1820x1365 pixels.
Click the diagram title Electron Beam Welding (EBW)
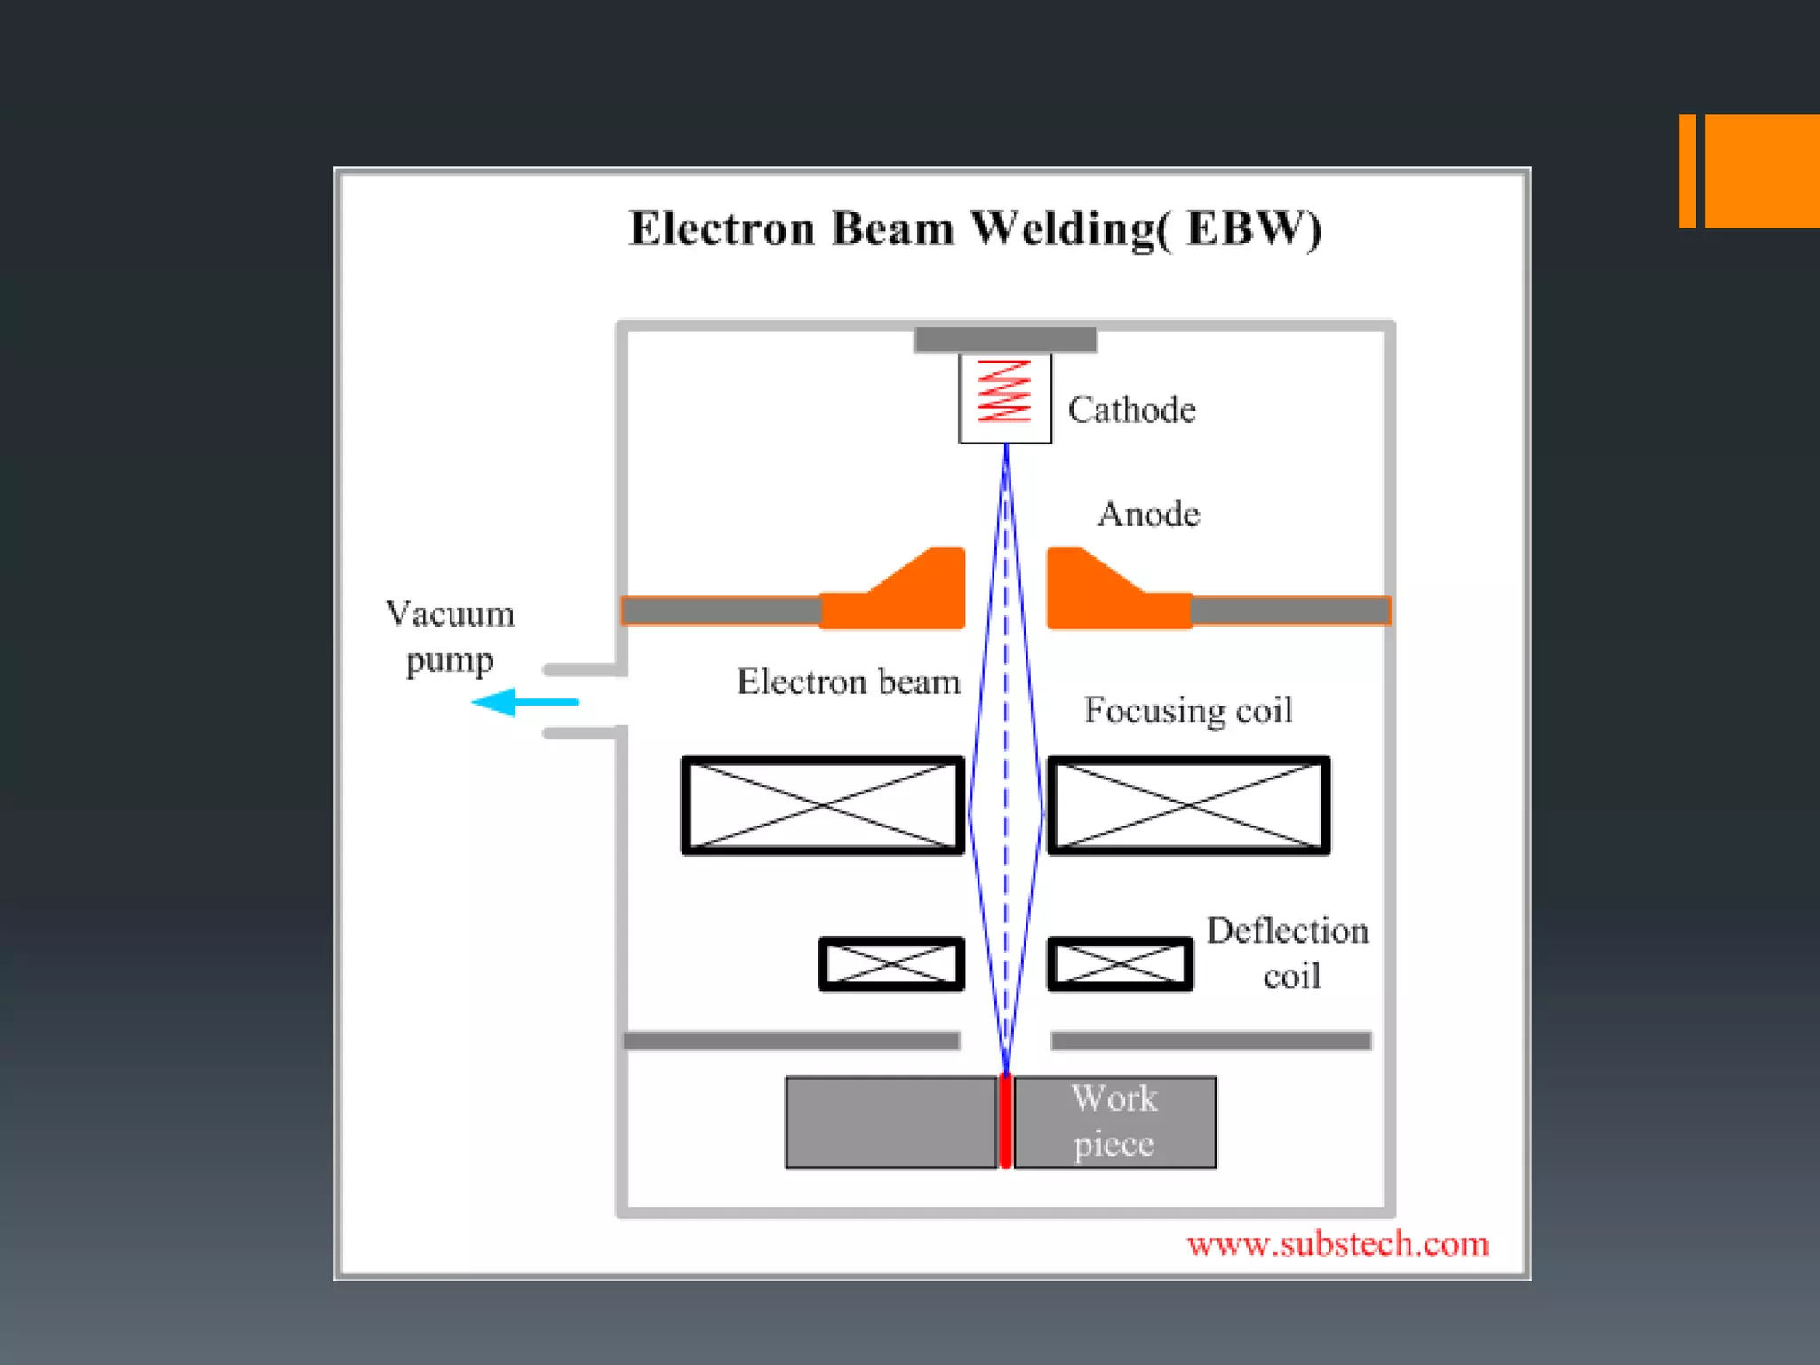point(975,228)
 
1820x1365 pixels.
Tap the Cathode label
point(1131,410)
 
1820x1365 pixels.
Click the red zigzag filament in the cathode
point(1004,391)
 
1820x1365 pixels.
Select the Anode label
point(1148,515)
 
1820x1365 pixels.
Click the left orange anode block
point(906,595)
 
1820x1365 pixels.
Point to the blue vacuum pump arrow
point(524,702)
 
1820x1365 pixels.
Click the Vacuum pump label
point(450,636)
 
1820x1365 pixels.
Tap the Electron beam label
point(849,682)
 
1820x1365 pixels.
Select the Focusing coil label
point(1188,710)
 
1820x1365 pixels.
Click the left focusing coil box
point(823,805)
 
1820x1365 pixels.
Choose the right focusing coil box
point(1189,805)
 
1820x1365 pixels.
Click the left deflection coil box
point(891,963)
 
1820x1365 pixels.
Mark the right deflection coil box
point(1120,963)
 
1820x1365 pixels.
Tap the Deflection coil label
point(1288,954)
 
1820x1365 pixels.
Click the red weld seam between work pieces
point(1005,1122)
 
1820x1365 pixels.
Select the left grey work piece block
point(890,1122)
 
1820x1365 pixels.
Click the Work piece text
point(1114,1122)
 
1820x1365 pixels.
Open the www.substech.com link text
point(1337,1244)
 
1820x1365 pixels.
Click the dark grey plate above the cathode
point(1005,339)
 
